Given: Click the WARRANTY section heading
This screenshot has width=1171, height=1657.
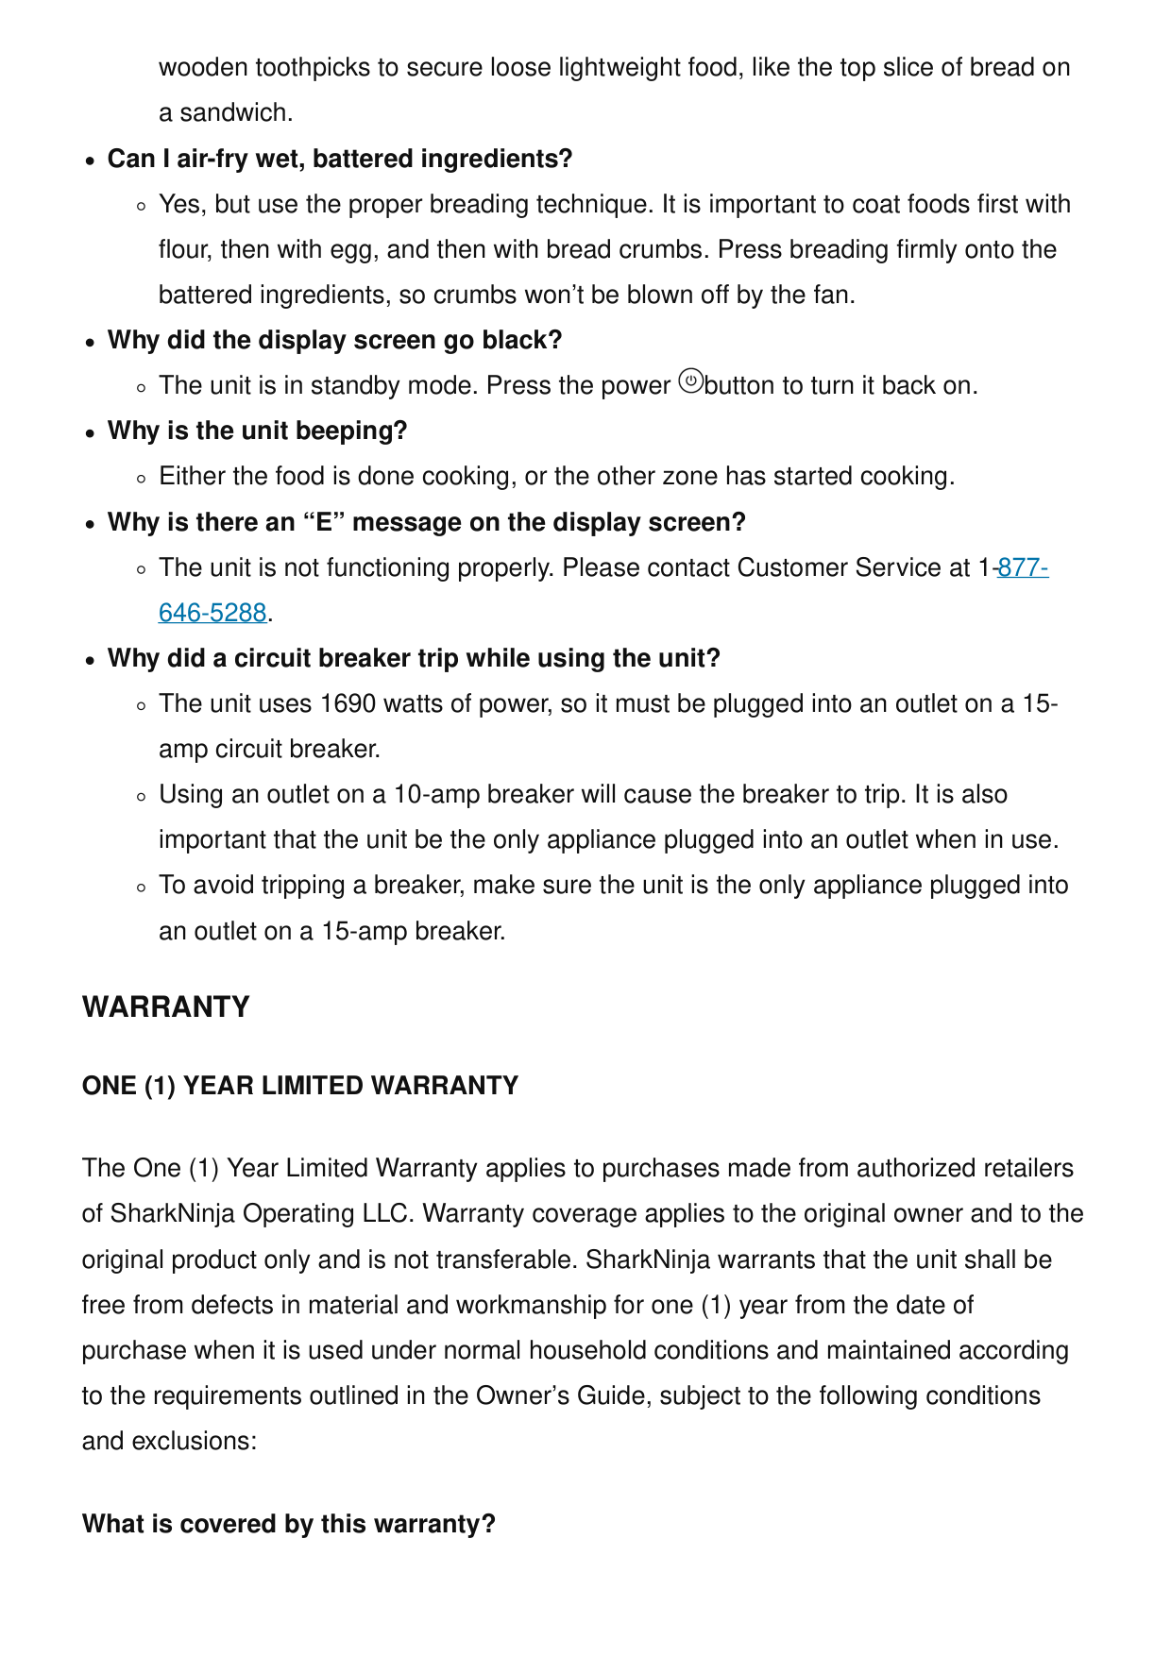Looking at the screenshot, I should coord(166,1006).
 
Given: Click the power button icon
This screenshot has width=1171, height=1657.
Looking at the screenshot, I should coord(691,382).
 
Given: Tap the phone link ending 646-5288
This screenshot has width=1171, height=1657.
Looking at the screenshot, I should coord(212,613).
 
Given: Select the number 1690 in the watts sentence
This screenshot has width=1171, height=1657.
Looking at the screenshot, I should coord(348,704).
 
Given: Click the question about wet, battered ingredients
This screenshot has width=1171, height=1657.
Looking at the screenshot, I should coord(340,159).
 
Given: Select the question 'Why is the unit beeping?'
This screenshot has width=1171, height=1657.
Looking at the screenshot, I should coord(258,431).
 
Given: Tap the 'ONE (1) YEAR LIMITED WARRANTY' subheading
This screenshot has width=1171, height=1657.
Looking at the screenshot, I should coord(300,1086).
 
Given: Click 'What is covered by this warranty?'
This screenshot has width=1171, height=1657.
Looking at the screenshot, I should coord(289,1524).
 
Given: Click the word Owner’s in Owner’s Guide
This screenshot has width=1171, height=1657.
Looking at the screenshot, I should coord(522,1395).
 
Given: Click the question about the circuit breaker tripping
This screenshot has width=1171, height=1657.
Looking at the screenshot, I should coord(414,658).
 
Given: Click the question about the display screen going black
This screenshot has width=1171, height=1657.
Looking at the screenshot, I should coord(334,340).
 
